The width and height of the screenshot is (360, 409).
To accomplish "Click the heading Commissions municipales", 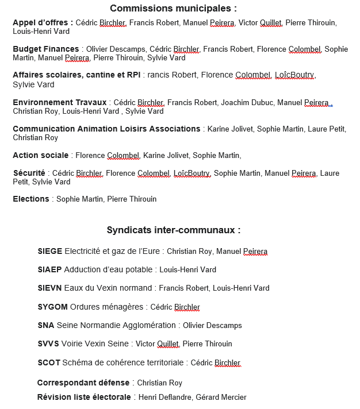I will (173, 8).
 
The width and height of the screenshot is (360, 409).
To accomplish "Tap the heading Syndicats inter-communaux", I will (174, 230).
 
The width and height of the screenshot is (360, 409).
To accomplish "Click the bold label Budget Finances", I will (46, 49).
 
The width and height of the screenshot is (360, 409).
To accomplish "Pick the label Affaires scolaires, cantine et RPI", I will (76, 75).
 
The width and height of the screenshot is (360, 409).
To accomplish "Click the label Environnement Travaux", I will (60, 102).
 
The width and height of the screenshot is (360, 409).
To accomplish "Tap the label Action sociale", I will (41, 155).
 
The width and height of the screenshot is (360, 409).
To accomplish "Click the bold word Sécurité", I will (29, 173).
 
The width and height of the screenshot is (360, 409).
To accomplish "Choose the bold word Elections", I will (31, 199).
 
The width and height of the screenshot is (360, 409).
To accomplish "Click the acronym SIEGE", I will (49, 251).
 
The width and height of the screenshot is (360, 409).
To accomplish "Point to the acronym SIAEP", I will (49, 269).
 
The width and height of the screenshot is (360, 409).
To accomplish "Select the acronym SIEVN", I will (49, 288).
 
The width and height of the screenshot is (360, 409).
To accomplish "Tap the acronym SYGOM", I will (52, 307).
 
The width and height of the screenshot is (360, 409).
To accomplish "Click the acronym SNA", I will (45, 325).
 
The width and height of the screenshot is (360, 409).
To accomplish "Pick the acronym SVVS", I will (48, 344).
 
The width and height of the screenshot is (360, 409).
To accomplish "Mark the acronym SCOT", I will (48, 362).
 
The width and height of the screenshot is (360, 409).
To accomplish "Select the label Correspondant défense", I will (83, 383).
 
